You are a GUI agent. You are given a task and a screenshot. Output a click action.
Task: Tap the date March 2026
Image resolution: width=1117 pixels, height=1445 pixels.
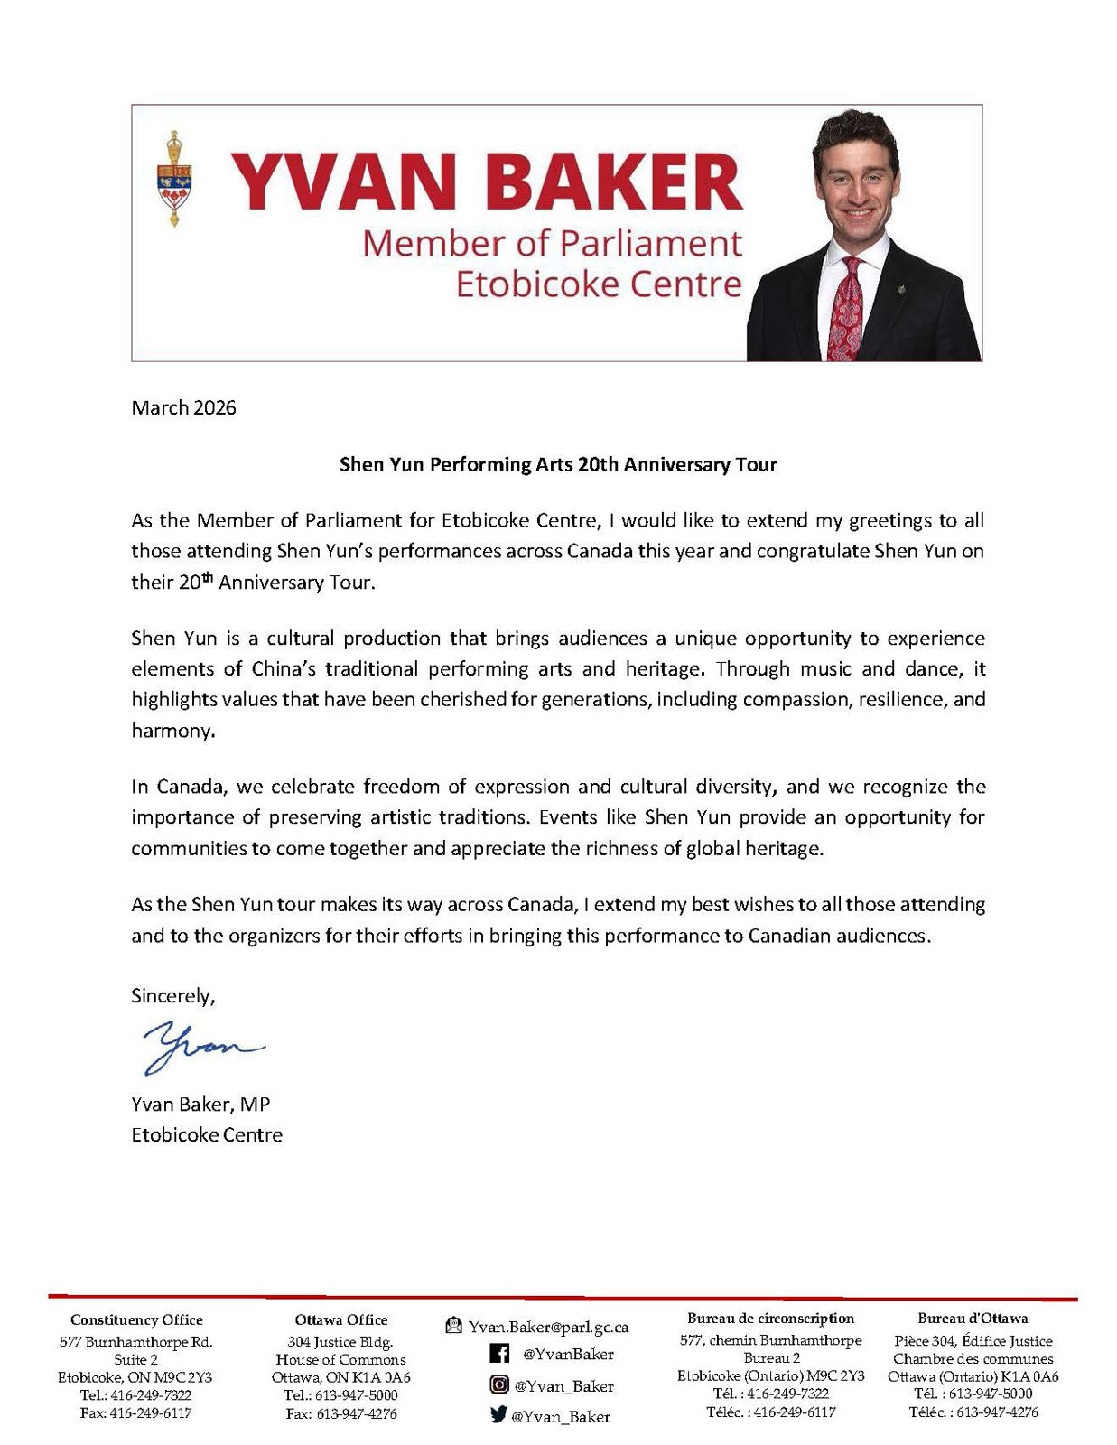tap(183, 407)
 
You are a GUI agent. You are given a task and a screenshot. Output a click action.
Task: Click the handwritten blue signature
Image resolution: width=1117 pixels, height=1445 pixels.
tap(200, 1047)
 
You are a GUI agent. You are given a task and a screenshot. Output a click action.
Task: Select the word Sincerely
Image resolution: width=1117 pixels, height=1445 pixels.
tap(172, 995)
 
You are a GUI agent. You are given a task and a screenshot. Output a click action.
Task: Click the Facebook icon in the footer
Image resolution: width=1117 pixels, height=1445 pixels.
tap(499, 1353)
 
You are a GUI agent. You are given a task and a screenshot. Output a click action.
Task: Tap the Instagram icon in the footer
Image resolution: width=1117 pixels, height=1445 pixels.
tap(498, 1384)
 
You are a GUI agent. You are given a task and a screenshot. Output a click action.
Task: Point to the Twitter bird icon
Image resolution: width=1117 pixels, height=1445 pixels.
tap(498, 1415)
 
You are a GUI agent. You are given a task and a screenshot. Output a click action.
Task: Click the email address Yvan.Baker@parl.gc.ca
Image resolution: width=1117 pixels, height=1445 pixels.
tap(548, 1327)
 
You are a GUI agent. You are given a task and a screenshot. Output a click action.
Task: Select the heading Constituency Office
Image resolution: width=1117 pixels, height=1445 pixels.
tap(136, 1319)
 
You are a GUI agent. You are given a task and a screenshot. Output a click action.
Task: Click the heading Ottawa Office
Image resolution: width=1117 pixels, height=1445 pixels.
tap(340, 1319)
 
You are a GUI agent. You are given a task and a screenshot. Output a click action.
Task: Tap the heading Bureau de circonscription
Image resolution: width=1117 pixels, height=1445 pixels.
tap(770, 1318)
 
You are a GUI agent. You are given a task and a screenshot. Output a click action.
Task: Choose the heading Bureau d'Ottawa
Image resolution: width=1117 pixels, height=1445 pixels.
tap(973, 1318)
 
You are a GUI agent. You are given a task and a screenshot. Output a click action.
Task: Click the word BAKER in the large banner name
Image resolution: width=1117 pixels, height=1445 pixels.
tap(614, 182)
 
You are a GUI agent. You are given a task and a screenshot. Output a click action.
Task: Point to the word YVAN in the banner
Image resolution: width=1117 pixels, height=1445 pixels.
tap(340, 182)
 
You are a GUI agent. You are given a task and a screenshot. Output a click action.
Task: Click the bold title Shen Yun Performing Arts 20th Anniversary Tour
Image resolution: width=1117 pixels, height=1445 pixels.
tap(557, 464)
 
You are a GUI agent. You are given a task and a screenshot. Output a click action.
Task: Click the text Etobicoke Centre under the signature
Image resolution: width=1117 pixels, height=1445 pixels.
tap(207, 1134)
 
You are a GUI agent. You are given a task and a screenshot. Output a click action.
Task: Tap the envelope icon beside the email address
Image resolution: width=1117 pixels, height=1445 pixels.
tap(454, 1326)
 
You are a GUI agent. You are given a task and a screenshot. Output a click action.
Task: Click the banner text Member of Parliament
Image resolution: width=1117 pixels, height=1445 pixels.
tap(552, 243)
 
